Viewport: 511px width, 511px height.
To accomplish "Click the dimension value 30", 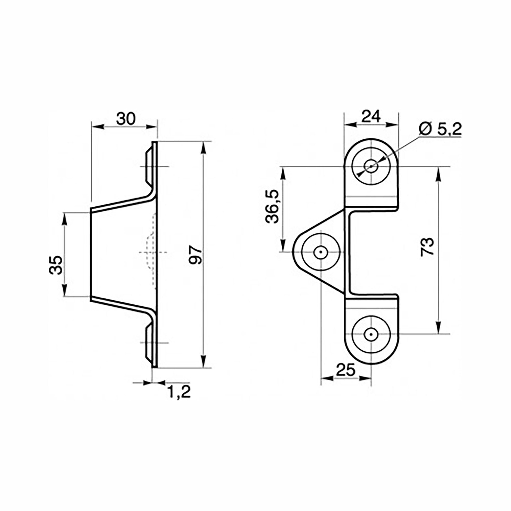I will coord(126,119).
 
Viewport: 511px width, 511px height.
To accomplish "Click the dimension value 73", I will coord(427,247).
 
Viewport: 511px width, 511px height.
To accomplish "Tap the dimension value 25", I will coord(346,370).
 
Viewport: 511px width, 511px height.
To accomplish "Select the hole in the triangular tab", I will coord(320,252).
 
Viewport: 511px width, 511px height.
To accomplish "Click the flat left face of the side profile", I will coord(91,254).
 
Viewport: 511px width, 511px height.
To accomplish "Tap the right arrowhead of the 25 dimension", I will coord(366,379).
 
